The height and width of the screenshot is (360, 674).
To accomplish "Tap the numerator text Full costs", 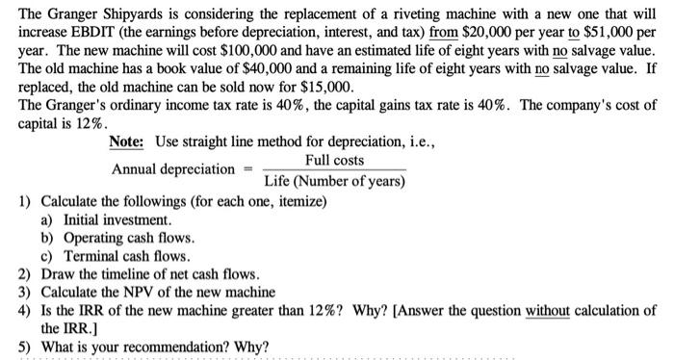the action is click(334, 160).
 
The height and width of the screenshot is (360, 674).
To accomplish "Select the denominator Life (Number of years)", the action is click(334, 180).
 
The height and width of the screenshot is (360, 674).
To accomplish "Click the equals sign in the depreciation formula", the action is click(246, 170).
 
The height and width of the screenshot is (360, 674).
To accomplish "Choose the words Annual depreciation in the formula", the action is click(173, 170).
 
